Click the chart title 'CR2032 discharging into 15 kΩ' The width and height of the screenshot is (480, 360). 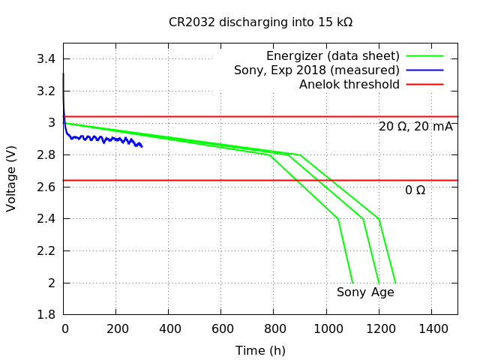coord(260,22)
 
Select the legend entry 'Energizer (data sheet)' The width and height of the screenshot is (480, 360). coord(332,56)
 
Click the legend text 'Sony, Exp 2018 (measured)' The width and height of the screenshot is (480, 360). coord(316,70)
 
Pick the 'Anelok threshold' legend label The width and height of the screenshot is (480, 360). coord(349,85)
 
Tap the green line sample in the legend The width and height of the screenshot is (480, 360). coord(425,56)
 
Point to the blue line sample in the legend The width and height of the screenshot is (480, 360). coord(425,70)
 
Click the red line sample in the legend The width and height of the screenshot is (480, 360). coord(425,85)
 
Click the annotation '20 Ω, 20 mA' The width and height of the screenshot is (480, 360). coord(415,127)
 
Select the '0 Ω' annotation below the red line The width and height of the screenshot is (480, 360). coord(415,190)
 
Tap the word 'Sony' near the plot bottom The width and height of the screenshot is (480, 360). coord(351,292)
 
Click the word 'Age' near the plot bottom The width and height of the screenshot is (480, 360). coord(382,292)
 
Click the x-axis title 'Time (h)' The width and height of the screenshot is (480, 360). coord(260,350)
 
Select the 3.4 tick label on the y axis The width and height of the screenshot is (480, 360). coord(46,59)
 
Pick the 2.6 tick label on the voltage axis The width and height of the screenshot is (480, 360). coord(46,187)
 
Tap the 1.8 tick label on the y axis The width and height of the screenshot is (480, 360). coord(46,315)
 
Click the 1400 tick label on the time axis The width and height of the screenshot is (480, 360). coord(431,328)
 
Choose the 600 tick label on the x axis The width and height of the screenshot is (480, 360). coord(221,328)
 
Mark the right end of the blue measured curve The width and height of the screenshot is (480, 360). coord(142,146)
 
